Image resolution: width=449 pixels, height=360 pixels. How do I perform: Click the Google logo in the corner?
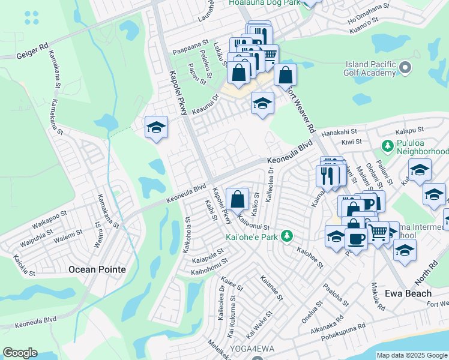coord(20,353)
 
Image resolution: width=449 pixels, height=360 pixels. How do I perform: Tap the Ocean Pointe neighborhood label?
coord(97,269)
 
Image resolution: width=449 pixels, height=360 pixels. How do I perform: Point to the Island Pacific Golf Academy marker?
coord(406,68)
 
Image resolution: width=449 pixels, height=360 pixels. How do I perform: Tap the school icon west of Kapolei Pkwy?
coord(156,127)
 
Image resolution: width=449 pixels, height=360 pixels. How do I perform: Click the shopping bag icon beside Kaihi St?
coord(238,199)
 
